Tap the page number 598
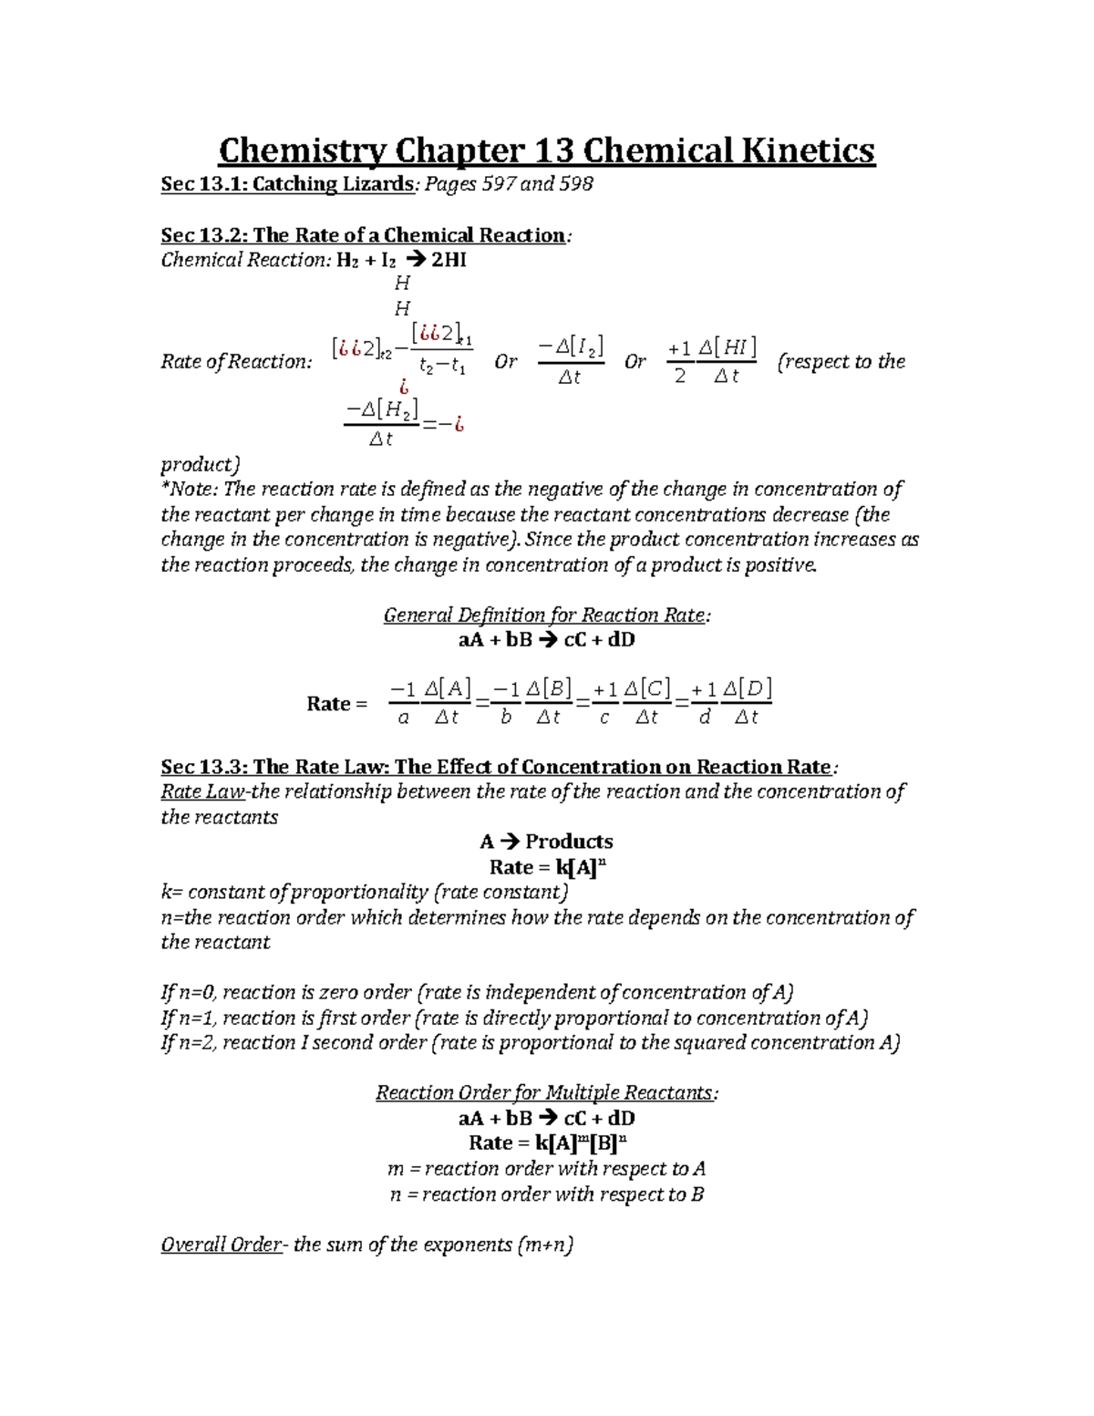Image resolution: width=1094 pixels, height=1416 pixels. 575,184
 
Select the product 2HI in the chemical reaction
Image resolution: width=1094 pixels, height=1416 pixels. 449,260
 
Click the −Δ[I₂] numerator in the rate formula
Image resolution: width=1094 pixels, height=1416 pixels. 571,346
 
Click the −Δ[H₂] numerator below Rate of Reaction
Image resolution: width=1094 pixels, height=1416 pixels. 381,410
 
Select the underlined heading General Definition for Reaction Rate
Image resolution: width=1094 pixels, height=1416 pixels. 544,615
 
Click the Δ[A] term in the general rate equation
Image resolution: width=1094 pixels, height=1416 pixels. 448,688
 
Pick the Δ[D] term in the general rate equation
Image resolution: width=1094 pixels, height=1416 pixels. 747,688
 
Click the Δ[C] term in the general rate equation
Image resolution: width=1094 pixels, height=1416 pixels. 646,688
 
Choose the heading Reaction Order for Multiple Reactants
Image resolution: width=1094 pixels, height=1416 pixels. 545,1092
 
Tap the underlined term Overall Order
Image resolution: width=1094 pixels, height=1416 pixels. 222,1245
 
